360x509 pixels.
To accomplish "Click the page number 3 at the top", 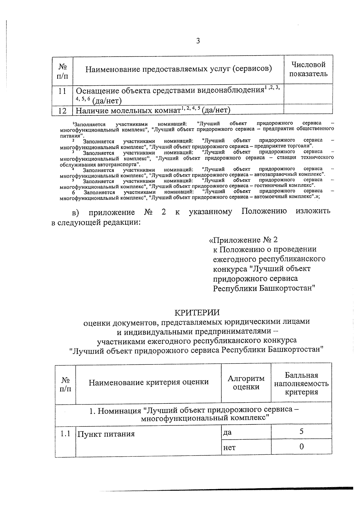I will click(198, 41).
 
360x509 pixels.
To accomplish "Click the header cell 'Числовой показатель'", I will click(308, 69).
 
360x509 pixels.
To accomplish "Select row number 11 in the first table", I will click(62, 91).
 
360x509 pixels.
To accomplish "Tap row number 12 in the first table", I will click(62, 111).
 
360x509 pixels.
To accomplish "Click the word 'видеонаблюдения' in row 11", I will click(229, 90).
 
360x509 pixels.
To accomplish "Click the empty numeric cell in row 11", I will click(308, 94).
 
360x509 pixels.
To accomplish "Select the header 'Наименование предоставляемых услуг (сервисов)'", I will click(178, 69).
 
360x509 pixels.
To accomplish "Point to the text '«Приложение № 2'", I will click(243, 240).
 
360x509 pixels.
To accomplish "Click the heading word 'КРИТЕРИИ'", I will click(197, 313).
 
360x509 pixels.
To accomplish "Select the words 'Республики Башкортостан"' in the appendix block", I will click(264, 289).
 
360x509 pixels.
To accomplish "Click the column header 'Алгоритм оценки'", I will click(246, 382).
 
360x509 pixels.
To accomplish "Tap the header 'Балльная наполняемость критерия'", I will click(301, 384).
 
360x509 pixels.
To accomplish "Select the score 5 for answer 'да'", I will click(301, 432).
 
